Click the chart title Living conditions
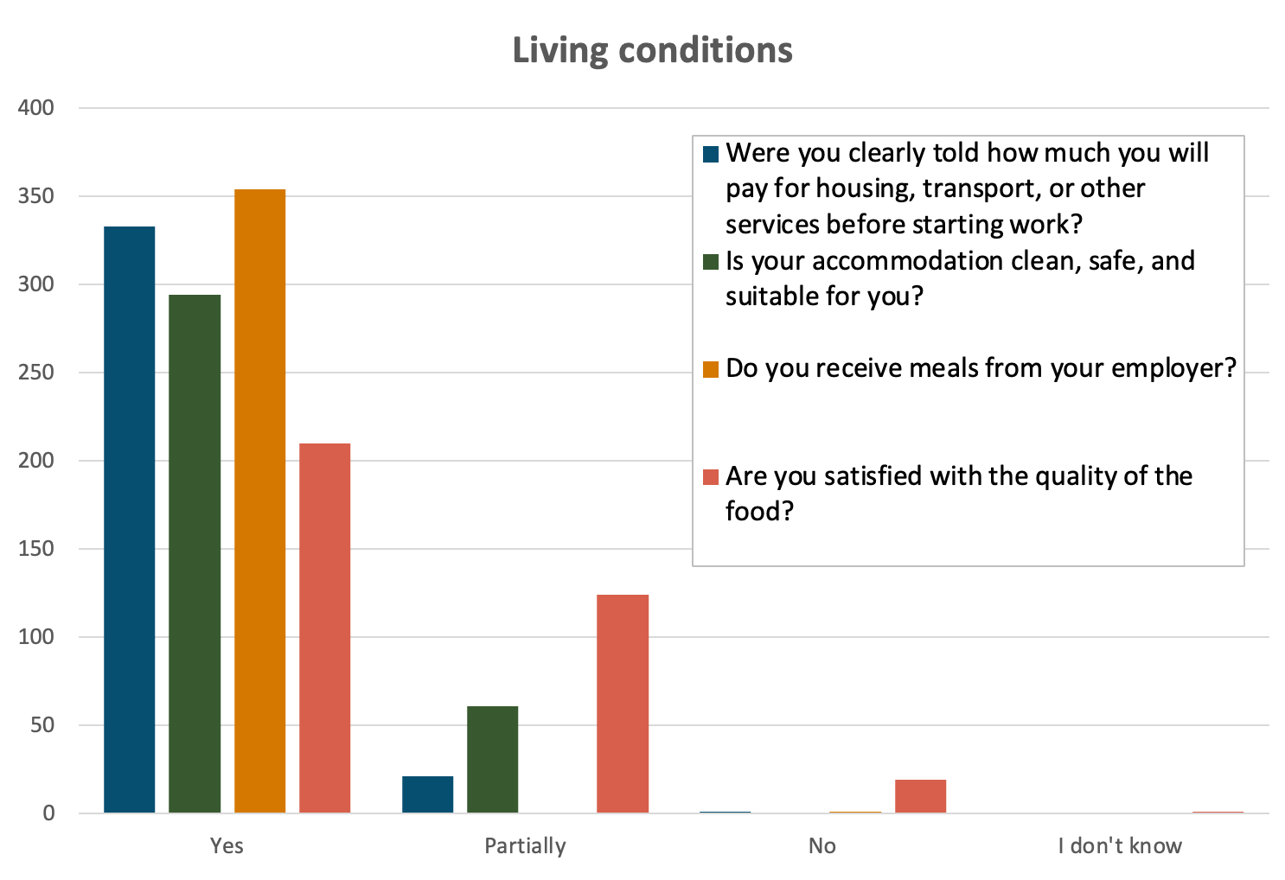point(652,50)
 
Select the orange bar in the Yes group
point(259,501)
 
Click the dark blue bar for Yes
point(130,519)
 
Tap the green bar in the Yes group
point(195,553)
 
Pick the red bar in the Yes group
point(324,628)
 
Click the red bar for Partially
point(623,704)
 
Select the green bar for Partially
point(492,759)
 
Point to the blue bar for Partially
point(427,794)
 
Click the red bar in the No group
point(920,796)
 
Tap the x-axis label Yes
point(227,845)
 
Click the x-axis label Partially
point(525,845)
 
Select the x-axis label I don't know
point(1119,845)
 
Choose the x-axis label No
point(822,845)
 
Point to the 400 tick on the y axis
point(36,108)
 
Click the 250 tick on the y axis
point(36,373)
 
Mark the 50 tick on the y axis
point(42,725)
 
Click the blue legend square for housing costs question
point(711,155)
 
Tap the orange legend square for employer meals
point(711,370)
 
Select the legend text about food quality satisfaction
point(958,493)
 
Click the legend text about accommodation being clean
point(960,277)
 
